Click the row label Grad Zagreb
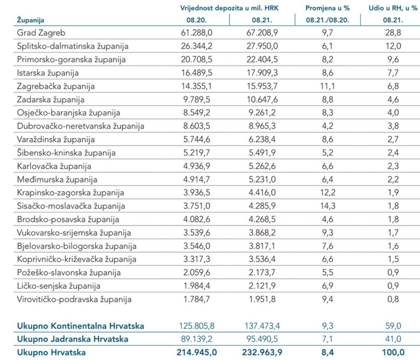coord(41,33)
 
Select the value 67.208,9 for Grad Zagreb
coord(262,33)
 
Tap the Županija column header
coord(30,20)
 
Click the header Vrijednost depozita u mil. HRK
coord(229,8)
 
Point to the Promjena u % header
coord(328,8)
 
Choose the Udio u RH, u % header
coord(393,8)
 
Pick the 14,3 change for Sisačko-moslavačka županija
coord(328,206)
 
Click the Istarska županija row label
coord(48,73)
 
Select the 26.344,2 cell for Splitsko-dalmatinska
coord(196,46)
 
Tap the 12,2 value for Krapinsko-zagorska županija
coord(328,193)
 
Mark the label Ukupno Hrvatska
coord(51,353)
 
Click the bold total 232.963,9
coord(262,353)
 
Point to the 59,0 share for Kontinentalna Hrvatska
coord(393,326)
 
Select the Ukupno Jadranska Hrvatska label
coord(73,339)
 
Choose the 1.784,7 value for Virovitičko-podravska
coord(196,299)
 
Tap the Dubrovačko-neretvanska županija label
coord(80,126)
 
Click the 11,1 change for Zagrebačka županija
coord(328,86)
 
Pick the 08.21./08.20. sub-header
coord(328,20)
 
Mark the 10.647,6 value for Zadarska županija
coord(262,100)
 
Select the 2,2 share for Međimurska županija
coord(393,180)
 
